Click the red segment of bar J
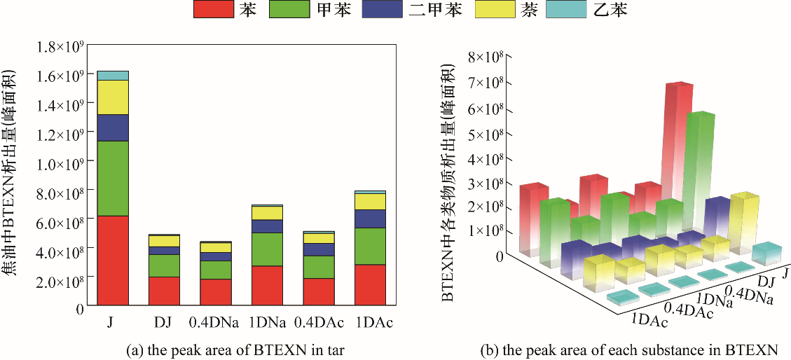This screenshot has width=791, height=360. point(112,261)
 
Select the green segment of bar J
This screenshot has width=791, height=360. point(112,178)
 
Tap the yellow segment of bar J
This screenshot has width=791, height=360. point(112,97)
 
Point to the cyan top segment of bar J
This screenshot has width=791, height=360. point(112,76)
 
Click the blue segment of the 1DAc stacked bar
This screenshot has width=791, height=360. point(370,219)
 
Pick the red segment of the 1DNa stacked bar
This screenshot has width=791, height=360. point(267,286)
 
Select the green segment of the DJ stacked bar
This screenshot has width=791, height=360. point(164,265)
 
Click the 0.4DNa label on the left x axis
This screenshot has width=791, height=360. point(215,323)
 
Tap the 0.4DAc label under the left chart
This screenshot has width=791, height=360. point(318,323)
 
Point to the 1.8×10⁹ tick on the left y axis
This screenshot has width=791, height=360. point(61,47)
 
